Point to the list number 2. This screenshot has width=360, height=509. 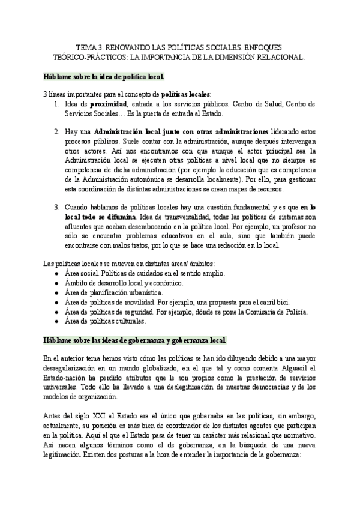[56, 131]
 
